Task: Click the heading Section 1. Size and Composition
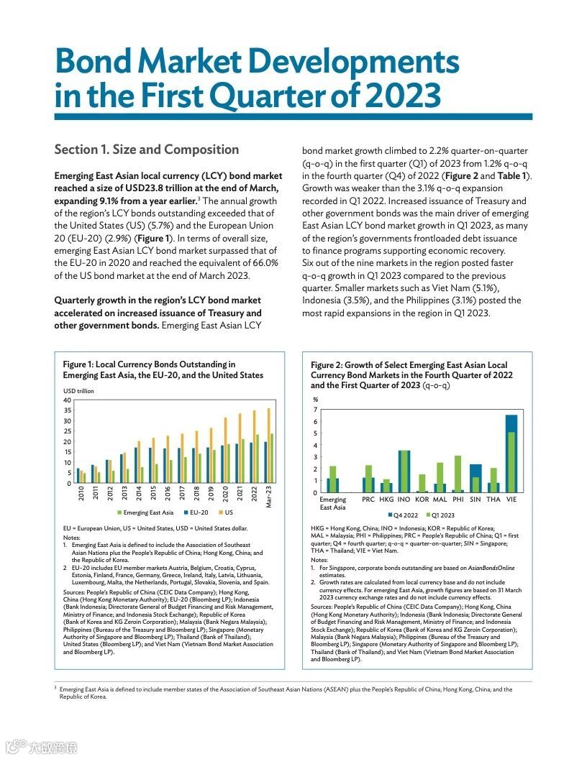click(x=147, y=149)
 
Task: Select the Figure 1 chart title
click(x=163, y=369)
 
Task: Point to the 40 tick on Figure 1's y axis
click(x=67, y=400)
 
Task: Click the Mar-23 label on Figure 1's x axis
click(x=269, y=497)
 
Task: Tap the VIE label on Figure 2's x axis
click(x=511, y=499)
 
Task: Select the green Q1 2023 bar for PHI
click(x=458, y=474)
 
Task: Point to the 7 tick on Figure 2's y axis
click(x=315, y=410)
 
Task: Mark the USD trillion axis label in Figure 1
click(x=78, y=391)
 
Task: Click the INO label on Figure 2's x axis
click(x=404, y=499)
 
